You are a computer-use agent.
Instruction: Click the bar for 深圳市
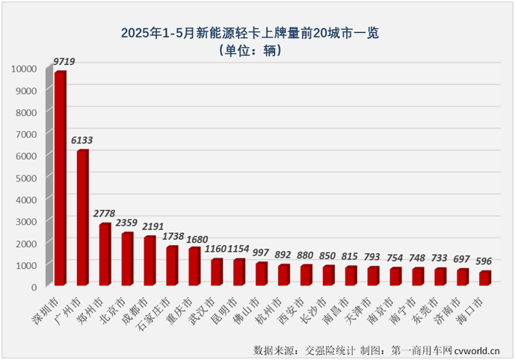pos(61,179)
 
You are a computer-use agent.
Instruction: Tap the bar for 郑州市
pos(105,255)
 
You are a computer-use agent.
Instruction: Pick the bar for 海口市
pos(485,278)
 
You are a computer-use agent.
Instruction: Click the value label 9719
pos(64,61)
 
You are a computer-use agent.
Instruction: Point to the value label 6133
pos(83,140)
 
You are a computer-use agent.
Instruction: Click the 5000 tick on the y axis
pos(25,178)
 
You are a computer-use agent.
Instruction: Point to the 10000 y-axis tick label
pos(22,69)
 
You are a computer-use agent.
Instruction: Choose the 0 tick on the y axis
pos(34,287)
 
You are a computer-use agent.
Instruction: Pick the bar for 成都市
pos(150,261)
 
